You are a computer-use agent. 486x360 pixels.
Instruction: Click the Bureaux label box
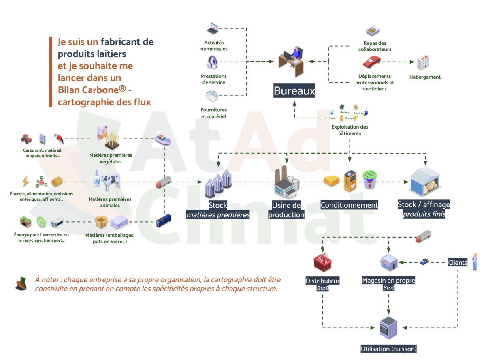[294, 91]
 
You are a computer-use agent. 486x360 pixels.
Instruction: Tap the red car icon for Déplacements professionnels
[371, 62]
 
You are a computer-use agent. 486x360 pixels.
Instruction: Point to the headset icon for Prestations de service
[213, 62]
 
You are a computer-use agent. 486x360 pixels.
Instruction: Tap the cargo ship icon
[163, 139]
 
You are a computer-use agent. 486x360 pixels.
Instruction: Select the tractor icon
[26, 139]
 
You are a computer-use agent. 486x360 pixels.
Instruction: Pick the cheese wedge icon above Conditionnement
[331, 181]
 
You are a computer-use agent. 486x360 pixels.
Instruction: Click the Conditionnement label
[349, 205]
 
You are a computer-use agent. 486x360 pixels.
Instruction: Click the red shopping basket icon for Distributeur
[323, 263]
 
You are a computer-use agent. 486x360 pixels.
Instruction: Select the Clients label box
[457, 263]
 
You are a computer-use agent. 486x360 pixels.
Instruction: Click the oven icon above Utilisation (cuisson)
[388, 328]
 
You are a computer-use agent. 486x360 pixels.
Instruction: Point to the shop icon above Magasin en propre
[389, 262]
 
